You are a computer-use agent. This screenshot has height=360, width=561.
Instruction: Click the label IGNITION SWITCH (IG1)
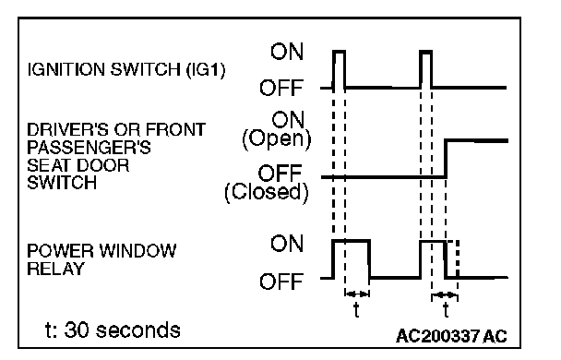(x=126, y=69)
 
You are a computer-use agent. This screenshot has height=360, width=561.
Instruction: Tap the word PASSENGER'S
(x=90, y=148)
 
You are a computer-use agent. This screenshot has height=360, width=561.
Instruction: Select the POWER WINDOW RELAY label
(x=101, y=259)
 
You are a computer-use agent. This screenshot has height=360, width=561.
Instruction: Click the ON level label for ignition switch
(x=287, y=52)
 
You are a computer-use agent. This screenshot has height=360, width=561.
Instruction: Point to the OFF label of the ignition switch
(x=281, y=88)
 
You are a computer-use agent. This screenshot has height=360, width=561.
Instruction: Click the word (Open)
(x=277, y=138)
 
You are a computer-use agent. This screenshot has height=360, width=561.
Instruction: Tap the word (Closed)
(x=267, y=193)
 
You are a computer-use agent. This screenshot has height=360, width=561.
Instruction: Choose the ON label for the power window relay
(x=287, y=244)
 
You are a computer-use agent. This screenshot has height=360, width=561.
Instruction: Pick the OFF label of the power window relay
(x=281, y=282)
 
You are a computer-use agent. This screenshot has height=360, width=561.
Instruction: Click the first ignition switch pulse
(x=340, y=52)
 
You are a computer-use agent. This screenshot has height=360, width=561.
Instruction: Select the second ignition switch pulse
(x=425, y=52)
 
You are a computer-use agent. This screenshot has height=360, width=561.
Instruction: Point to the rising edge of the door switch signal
(x=446, y=159)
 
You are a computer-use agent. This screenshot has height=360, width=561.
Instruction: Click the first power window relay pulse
(x=352, y=241)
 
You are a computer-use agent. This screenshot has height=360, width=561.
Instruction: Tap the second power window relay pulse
(x=433, y=242)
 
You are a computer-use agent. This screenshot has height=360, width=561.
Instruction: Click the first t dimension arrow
(x=357, y=294)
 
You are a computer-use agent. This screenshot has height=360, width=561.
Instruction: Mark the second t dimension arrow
(x=445, y=295)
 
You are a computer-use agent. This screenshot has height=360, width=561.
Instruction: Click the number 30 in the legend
(x=77, y=330)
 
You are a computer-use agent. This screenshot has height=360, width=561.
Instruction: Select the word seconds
(x=138, y=330)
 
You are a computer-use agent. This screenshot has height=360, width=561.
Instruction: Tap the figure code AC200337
(x=437, y=336)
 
